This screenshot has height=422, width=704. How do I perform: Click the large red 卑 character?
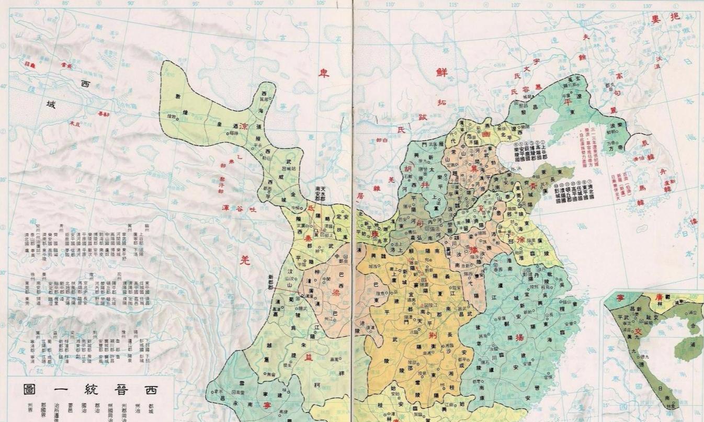[x=324, y=74]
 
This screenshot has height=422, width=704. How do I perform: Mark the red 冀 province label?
[x=473, y=168]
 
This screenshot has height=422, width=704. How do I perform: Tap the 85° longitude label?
[x=65, y=3]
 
